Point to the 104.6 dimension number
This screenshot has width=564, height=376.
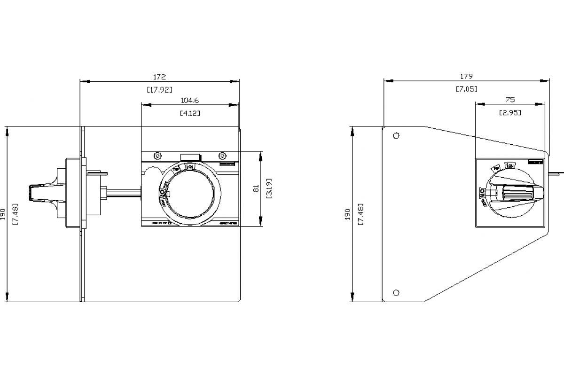pos(190,100)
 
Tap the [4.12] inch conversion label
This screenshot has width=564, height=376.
pos(190,113)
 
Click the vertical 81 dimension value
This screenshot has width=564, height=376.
pos(256,188)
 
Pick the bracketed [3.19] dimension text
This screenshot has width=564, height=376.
pos(268,188)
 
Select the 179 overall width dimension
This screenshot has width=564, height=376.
pos(466,76)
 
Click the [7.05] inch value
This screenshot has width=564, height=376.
pos(466,89)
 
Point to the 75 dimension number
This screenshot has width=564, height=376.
pos(510,100)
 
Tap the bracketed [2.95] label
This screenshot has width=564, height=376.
pos(510,113)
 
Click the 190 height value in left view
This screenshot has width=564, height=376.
pos(4,214)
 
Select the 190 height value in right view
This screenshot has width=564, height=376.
pos(348,214)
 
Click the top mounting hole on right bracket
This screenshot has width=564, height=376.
pos(396,135)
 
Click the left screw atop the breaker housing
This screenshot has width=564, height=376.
pos(157,156)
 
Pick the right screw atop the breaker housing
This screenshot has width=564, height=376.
pos(222,156)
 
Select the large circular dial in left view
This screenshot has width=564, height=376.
pos(193,193)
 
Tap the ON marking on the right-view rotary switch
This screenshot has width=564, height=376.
pos(510,165)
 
